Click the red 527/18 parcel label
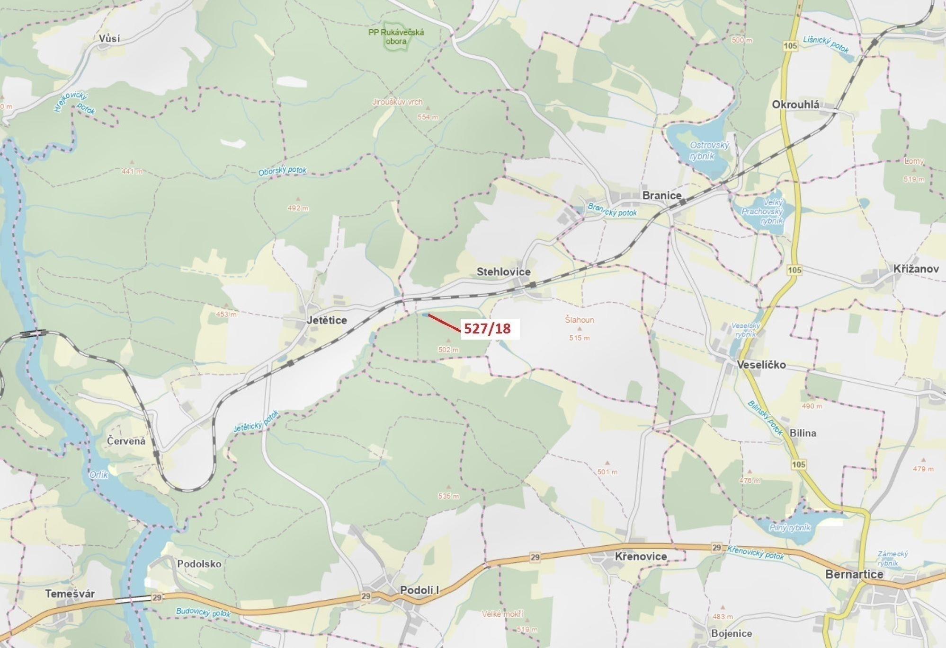[x=487, y=329]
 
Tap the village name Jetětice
[x=327, y=320]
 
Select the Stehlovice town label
[x=503, y=272]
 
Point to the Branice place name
[x=661, y=196]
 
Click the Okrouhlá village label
[x=795, y=105]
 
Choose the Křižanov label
[x=916, y=269]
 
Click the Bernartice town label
[x=854, y=574]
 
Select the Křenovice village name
[x=641, y=557]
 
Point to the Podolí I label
[x=419, y=590]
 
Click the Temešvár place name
[x=70, y=594]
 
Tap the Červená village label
[x=126, y=441]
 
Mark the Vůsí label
[x=109, y=39]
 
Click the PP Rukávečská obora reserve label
[x=396, y=36]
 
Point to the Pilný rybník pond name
[x=790, y=527]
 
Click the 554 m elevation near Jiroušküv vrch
[x=428, y=117]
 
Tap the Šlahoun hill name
[x=579, y=320]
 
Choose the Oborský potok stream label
[x=282, y=171]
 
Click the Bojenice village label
[x=731, y=633]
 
